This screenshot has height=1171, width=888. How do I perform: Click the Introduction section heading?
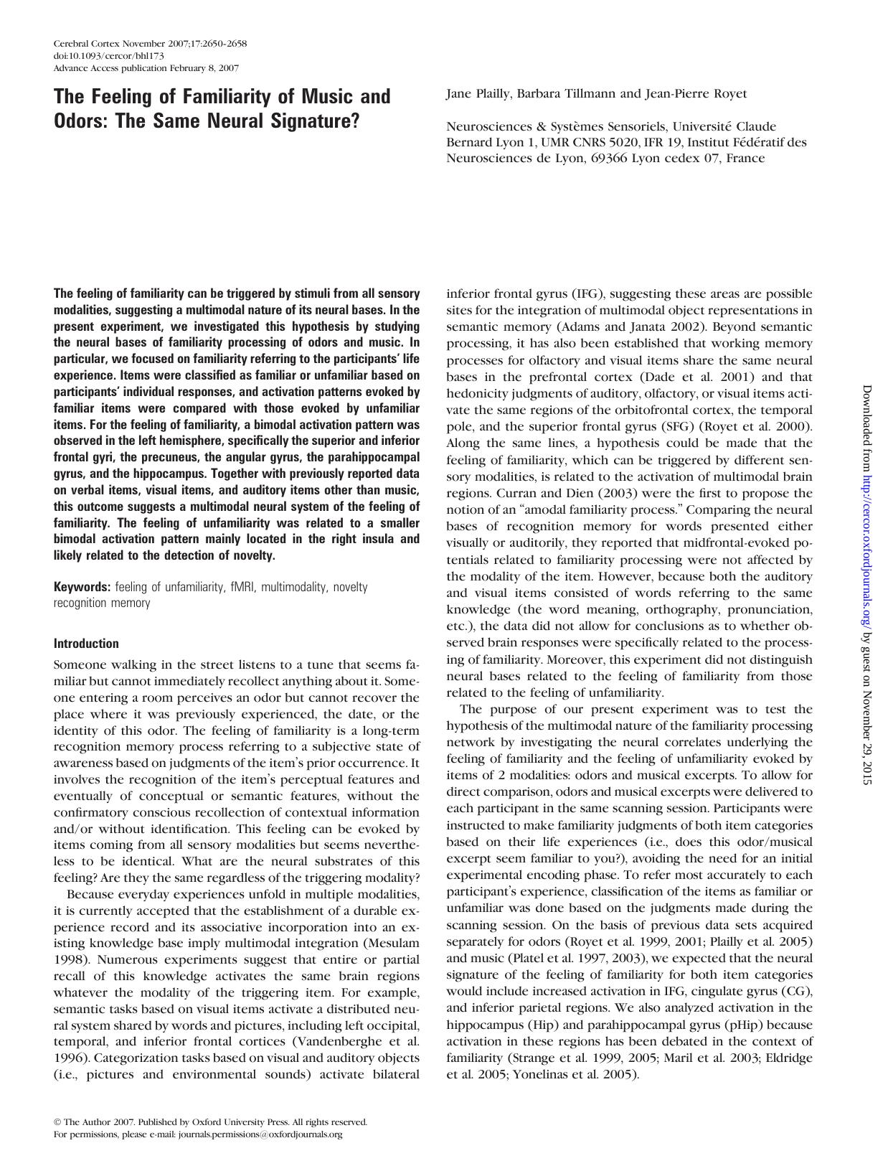coord(86,644)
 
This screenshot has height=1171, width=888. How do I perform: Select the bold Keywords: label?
coord(82,587)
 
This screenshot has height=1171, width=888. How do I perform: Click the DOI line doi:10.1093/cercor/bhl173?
coord(100,56)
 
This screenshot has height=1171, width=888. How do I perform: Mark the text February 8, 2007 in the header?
coord(204,68)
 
